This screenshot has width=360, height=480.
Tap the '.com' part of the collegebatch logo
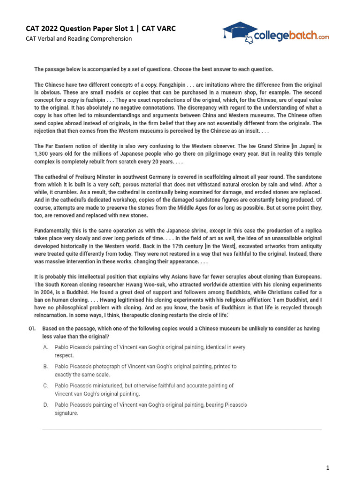tap(323, 36)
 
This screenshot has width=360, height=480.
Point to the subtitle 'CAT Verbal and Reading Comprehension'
tap(79, 39)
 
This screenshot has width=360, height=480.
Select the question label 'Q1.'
tap(31, 329)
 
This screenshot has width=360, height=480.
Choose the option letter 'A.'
tap(45, 348)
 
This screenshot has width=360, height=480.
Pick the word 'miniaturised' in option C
tap(97, 386)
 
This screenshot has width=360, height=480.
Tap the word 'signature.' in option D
tap(67, 413)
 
